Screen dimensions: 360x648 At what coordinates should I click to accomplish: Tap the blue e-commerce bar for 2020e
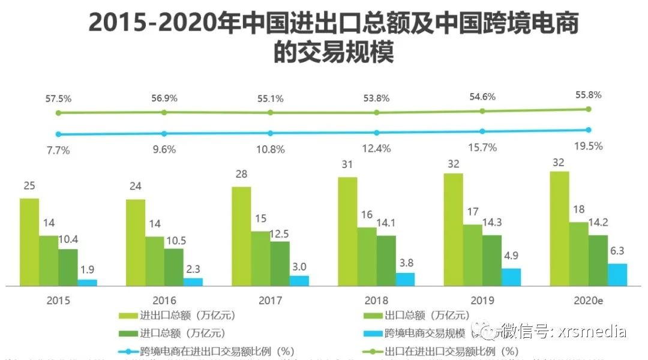(x=617, y=275)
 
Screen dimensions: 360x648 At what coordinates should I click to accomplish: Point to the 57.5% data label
(x=58, y=98)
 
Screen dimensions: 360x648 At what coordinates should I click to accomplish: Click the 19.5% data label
(x=588, y=146)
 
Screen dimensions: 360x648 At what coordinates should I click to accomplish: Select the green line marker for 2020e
(x=589, y=109)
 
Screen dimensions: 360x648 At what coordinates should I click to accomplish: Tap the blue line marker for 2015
(x=58, y=134)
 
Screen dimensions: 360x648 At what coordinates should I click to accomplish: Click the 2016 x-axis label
(x=164, y=301)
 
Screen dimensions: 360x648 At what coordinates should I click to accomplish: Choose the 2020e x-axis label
(x=588, y=301)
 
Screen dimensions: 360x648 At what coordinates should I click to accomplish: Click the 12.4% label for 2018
(x=376, y=148)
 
